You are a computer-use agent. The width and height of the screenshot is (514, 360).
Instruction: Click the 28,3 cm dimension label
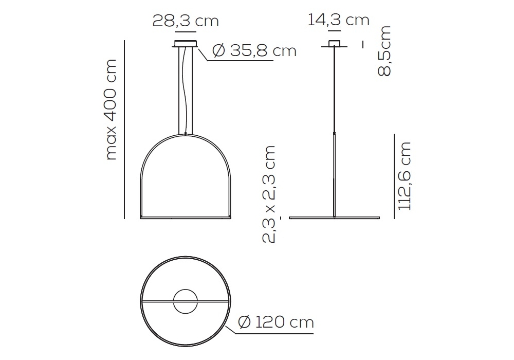[186, 21]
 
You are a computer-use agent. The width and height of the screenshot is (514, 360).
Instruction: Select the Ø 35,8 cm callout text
[254, 51]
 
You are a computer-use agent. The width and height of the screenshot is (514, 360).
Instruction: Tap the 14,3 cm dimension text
[338, 20]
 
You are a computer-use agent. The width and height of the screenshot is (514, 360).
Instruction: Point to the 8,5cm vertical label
[384, 51]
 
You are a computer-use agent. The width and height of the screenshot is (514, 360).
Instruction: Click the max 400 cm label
[112, 110]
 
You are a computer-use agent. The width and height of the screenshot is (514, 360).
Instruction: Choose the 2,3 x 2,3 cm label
[269, 194]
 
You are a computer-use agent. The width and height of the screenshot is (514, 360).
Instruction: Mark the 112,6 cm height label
[404, 176]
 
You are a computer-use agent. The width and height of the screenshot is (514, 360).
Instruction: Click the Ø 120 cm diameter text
[276, 322]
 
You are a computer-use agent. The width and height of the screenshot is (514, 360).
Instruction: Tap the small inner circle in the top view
[186, 289]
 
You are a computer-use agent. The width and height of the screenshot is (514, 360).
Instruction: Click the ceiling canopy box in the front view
[186, 44]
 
